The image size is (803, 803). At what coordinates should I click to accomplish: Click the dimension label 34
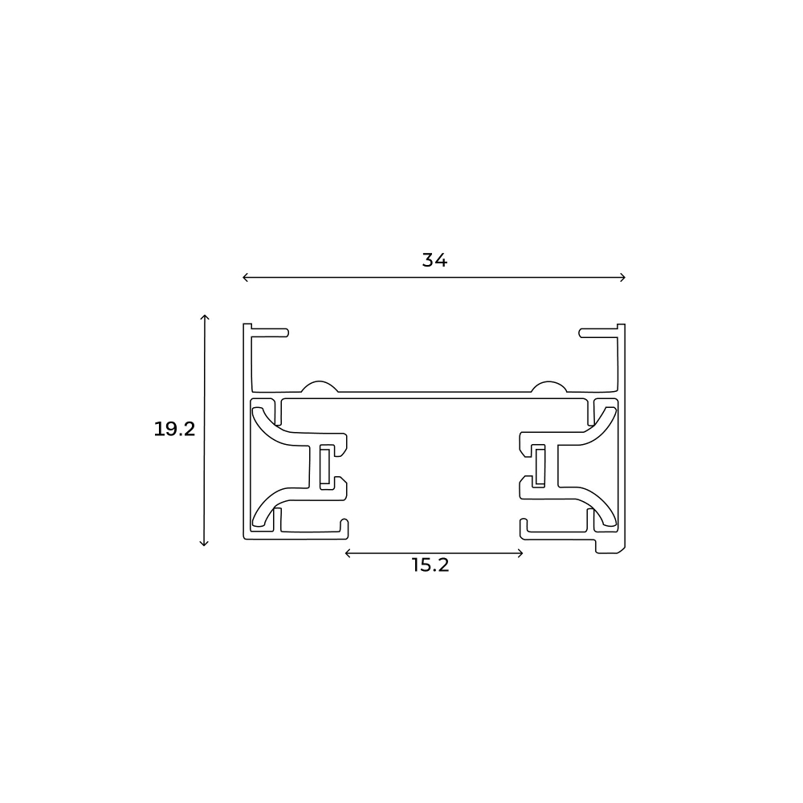click(434, 260)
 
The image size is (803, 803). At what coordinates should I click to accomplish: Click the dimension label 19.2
click(175, 430)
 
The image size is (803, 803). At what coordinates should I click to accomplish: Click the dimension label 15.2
click(430, 565)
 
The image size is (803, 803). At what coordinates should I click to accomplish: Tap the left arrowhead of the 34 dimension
click(244, 278)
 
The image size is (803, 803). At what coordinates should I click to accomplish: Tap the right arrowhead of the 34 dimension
click(623, 278)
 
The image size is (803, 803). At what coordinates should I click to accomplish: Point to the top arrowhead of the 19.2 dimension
click(205, 317)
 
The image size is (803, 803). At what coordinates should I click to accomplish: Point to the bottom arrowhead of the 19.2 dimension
click(205, 544)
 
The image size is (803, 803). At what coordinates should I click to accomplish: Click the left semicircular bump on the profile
click(318, 387)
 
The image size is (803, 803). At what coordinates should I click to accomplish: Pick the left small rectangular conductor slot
click(325, 467)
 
